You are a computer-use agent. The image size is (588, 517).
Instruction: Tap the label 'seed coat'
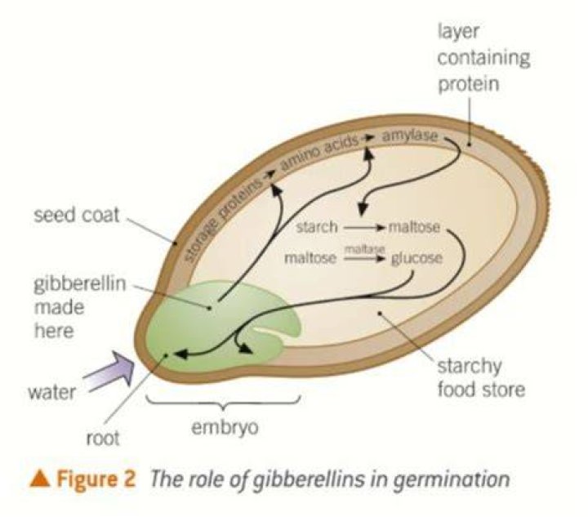point(77,215)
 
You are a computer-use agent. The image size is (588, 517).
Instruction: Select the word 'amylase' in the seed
point(409,136)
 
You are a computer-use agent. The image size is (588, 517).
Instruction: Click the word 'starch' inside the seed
point(317,227)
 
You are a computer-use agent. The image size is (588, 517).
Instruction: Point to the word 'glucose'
point(416,258)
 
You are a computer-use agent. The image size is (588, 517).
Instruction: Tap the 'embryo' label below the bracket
point(225,427)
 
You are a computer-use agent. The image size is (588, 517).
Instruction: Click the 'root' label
point(103,439)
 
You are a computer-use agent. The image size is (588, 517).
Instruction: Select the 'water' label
point(51,393)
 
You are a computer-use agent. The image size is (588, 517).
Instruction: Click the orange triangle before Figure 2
point(40,479)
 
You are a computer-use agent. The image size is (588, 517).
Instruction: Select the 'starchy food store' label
point(481,377)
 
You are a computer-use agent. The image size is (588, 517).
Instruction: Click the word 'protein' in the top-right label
point(469,83)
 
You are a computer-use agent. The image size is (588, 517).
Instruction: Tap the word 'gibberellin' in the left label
point(80,283)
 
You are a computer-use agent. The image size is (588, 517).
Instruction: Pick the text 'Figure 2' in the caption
point(96,479)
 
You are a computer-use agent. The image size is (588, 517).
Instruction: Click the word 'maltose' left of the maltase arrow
point(310,258)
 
